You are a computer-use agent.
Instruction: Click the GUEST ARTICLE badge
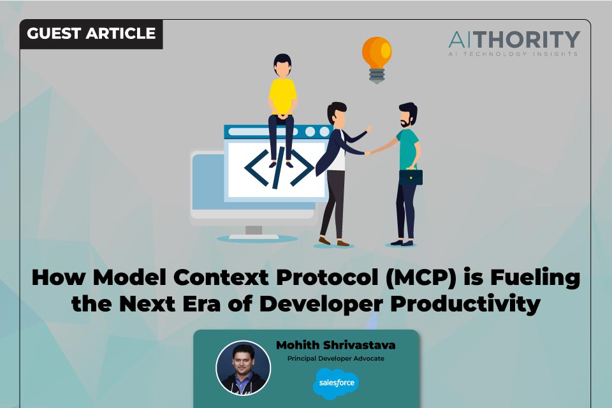tap(91, 33)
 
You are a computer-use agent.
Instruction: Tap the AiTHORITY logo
tap(513, 40)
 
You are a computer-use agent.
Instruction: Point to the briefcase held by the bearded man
tap(411, 176)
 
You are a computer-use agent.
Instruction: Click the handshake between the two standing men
tap(368, 152)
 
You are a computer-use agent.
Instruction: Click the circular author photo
tap(243, 367)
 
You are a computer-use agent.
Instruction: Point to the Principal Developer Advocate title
tap(335, 358)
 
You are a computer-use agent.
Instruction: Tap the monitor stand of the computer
tap(254, 231)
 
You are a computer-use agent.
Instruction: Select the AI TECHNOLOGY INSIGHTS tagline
tap(513, 54)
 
